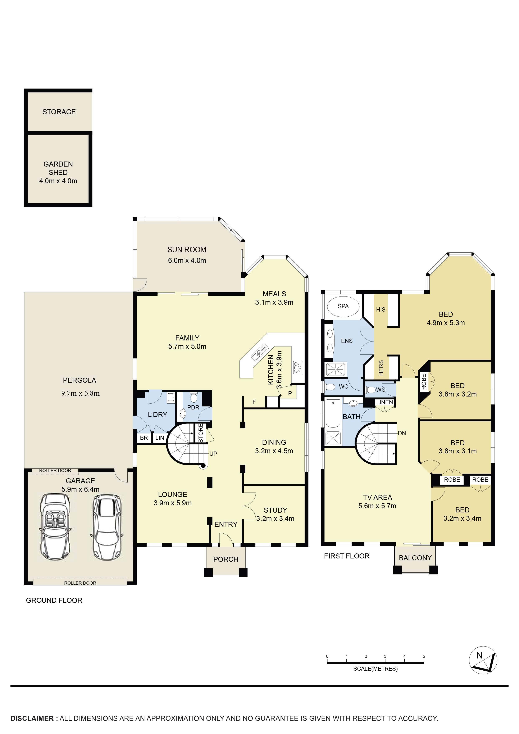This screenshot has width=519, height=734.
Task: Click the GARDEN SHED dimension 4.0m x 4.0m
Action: [58, 181]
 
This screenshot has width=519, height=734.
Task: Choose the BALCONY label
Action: [415, 558]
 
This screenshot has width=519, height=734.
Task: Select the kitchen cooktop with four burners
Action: [297, 367]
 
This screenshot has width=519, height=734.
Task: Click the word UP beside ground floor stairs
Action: [213, 454]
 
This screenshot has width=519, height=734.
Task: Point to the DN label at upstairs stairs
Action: [402, 433]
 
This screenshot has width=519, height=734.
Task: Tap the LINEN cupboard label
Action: [384, 402]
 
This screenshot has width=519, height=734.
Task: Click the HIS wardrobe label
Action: [381, 309]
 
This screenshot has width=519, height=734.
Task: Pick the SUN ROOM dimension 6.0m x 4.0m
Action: [187, 260]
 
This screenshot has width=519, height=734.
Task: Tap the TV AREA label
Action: [377, 497]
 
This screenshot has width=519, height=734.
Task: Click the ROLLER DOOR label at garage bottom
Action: [80, 583]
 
